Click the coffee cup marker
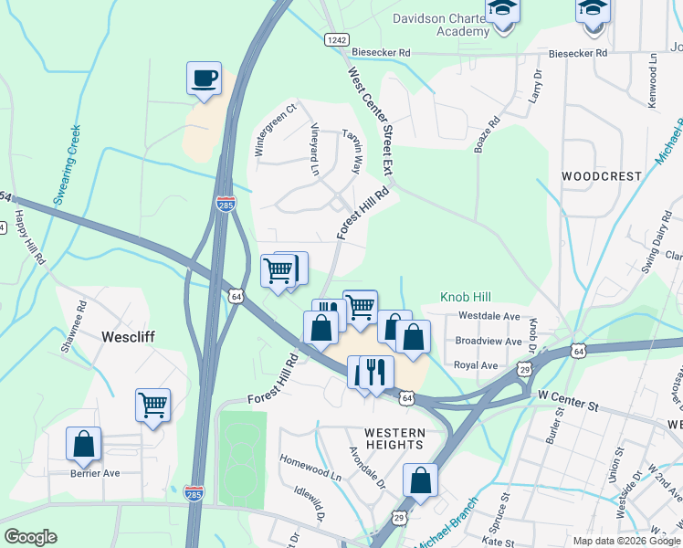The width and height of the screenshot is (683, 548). [204, 78]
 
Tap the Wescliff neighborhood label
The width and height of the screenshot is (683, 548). [128, 336]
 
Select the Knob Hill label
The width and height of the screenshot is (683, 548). [466, 297]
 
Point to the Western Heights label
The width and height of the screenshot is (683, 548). [394, 438]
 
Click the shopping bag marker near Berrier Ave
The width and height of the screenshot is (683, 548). [83, 444]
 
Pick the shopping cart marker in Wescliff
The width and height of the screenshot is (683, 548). [152, 405]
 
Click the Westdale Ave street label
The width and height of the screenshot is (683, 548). [489, 316]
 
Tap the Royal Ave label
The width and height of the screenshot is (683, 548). [476, 365]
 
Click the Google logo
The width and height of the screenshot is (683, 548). [30, 537]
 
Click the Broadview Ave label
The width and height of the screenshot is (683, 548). [488, 342]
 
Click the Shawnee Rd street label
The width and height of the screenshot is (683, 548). [72, 325]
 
